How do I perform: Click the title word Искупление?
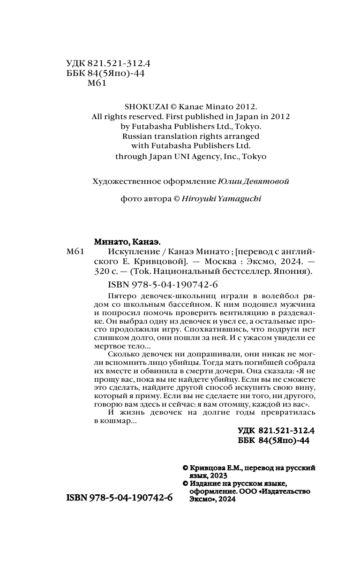click(130, 252)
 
